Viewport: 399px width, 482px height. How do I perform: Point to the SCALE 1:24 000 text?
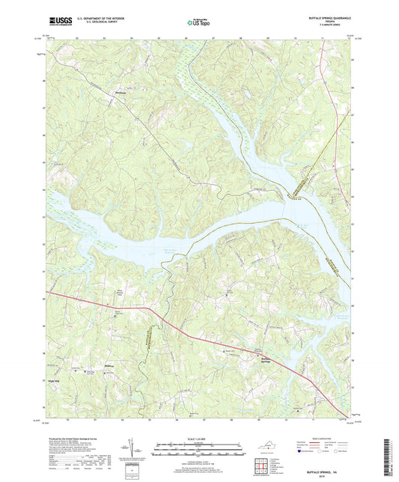[198, 436]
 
